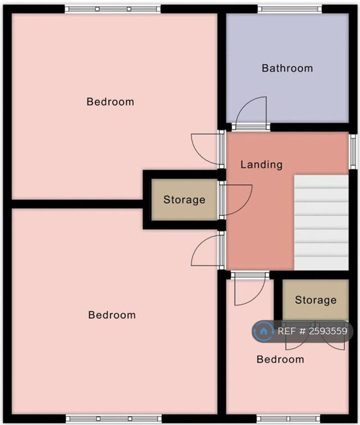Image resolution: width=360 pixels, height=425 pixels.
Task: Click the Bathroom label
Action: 287,68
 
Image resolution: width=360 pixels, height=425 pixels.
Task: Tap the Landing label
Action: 261,164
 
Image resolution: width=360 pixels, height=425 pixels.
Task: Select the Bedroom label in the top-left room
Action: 110,102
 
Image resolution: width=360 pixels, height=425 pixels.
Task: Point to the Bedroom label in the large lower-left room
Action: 112,315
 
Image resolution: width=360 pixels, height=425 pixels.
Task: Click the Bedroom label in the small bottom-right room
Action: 280,359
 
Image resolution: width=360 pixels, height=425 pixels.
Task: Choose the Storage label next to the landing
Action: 184,200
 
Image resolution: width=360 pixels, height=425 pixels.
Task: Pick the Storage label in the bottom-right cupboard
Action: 315,300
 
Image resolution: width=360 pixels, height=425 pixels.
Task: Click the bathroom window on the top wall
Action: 289,8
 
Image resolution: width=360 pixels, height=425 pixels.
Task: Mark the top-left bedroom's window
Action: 112,8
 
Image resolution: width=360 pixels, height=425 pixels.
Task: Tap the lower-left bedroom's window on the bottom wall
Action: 114,418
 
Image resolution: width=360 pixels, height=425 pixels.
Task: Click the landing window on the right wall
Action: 353,151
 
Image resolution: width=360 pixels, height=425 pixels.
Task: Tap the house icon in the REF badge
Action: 264,331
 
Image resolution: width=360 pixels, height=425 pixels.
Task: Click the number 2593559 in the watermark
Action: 328,331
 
